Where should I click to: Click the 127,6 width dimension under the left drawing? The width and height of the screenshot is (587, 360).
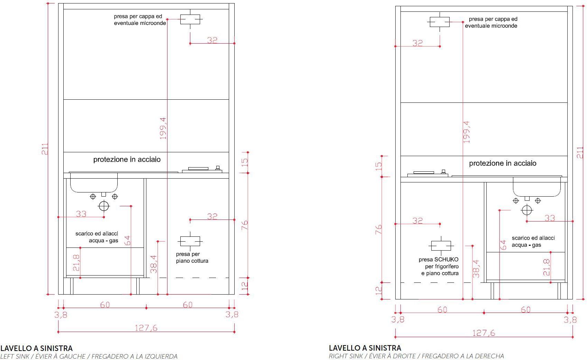tap(146, 328)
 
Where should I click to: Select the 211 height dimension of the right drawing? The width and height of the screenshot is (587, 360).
tap(580, 153)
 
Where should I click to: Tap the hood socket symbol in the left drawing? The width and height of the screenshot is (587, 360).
tap(190, 19)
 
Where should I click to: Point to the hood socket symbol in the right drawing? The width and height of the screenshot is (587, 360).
tap(440, 22)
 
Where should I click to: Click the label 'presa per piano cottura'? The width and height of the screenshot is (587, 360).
tap(192, 257)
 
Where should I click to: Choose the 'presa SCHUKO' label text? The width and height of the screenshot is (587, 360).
tap(439, 259)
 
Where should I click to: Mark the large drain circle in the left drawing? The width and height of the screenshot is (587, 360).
tap(104, 206)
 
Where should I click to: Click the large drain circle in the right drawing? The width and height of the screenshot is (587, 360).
tap(527, 210)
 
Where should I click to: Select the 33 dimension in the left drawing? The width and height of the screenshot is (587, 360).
tap(81, 214)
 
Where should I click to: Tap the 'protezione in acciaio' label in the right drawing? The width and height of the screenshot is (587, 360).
tap(503, 163)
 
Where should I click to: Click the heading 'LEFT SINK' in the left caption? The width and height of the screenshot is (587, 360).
tap(15, 356)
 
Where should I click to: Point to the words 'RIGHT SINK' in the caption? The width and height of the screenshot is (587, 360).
tap(346, 356)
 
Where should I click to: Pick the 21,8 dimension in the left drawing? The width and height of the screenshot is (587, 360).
tap(76, 263)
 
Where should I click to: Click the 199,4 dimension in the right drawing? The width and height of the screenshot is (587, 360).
tap(467, 132)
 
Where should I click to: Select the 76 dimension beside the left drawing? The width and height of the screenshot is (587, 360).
tap(244, 225)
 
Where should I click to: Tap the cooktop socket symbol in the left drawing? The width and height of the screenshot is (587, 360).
tap(190, 241)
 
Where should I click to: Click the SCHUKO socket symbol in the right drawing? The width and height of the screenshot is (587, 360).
tap(441, 246)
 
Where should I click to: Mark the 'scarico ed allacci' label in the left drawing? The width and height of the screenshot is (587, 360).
tap(97, 233)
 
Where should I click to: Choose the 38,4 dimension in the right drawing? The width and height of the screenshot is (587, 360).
tap(476, 269)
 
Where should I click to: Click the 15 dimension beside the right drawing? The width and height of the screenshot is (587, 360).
tap(379, 166)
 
